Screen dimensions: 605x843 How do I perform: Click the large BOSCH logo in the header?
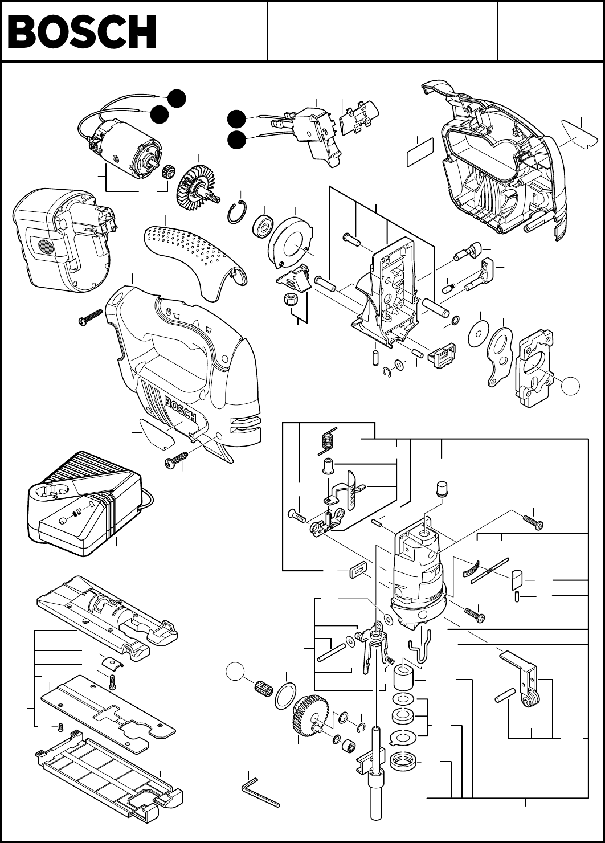coord(81,31)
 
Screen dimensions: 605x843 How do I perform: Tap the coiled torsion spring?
coord(328,439)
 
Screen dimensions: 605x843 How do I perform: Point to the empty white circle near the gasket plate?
coord(571,386)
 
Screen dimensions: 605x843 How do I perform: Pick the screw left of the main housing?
coord(91,317)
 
